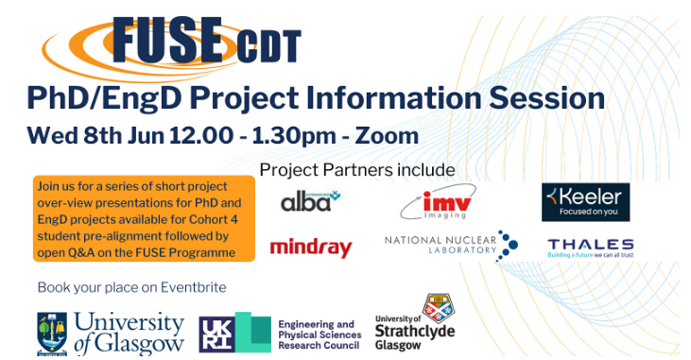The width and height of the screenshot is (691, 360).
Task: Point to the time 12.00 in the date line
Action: pos(200,135)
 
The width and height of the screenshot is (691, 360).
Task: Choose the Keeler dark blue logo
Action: pos(585,201)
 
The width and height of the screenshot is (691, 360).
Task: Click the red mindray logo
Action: pos(311,249)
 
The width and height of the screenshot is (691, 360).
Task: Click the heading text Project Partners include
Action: pos(356,170)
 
